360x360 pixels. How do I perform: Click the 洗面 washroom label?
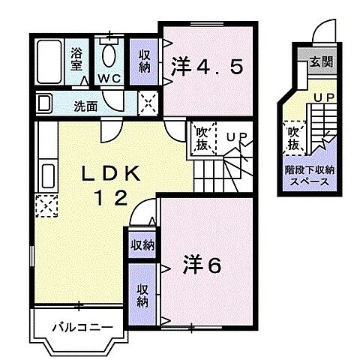[85, 106]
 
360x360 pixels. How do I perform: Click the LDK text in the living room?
[110, 173]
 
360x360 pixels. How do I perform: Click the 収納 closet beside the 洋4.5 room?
[145, 61]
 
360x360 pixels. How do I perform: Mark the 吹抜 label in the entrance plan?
[295, 135]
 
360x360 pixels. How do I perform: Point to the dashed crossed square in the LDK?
[46, 205]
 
